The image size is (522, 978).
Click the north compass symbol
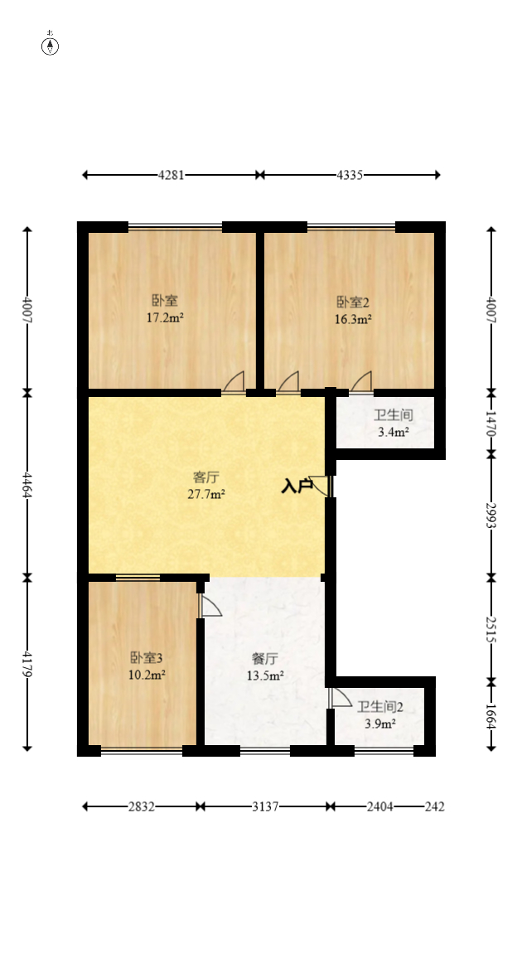(51, 45)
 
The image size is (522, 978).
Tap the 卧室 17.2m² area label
(164, 308)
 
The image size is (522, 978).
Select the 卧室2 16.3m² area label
(354, 309)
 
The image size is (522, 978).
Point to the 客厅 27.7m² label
(206, 486)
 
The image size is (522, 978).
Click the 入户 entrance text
(297, 487)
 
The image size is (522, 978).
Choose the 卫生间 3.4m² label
(393, 423)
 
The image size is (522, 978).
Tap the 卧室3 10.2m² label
(147, 666)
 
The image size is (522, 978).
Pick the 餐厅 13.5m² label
(265, 667)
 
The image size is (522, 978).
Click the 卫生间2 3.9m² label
(380, 714)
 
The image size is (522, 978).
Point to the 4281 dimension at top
(171, 175)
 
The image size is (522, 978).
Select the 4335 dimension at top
(350, 175)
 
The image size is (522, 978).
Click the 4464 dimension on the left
(27, 485)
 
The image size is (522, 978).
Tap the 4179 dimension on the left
(27, 664)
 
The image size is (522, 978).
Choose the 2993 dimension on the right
(491, 515)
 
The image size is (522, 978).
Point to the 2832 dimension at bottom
(141, 806)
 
